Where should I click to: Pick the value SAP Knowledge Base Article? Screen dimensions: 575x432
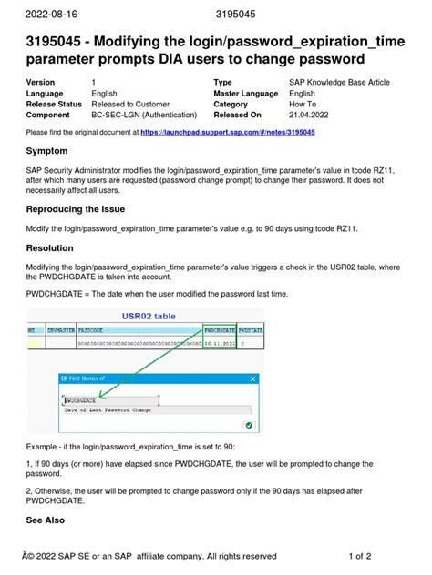tap(339, 82)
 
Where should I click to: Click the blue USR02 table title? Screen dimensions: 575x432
tap(151, 317)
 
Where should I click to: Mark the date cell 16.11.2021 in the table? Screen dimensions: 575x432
tap(221, 345)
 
